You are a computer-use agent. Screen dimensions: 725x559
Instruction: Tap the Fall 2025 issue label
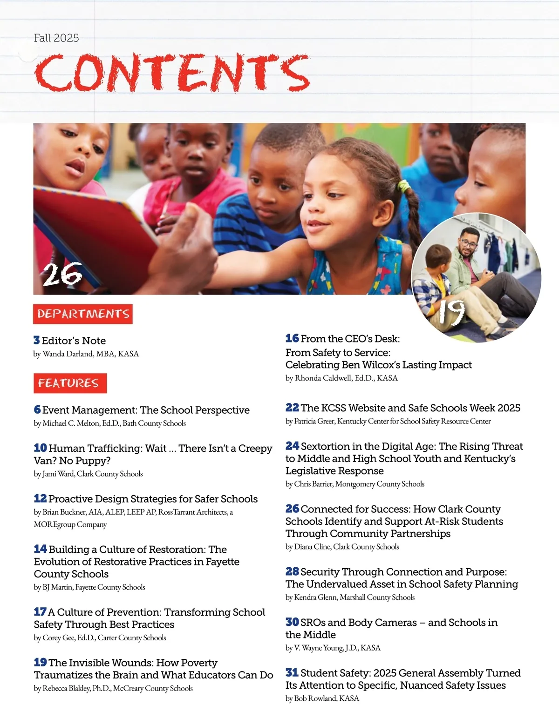56,38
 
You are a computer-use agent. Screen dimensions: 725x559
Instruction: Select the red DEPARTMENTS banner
83,314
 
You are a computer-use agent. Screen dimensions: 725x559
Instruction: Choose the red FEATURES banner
70,383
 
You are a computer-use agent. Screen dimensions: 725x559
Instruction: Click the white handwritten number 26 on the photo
62,275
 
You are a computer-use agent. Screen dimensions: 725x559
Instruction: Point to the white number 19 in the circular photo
451,312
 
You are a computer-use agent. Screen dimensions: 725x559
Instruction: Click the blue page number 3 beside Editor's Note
37,340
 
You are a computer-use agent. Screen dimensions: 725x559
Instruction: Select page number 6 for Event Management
37,409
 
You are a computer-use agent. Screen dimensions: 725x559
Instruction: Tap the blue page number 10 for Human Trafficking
40,448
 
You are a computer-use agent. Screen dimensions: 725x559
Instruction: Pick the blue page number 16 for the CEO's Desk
292,338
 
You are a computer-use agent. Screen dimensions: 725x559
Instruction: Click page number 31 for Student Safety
292,672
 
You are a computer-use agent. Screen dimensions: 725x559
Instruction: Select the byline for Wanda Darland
86,354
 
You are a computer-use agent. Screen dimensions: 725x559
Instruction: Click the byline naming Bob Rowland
322,698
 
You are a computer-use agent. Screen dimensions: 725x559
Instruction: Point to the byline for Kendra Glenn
350,597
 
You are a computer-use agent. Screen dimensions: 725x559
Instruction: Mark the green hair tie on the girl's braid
403,187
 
